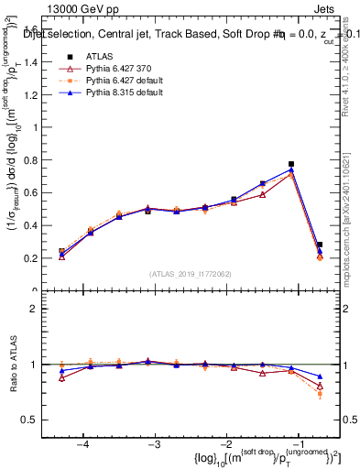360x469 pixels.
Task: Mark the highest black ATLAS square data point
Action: (x=291, y=164)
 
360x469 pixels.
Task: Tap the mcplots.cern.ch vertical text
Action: (x=352, y=229)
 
